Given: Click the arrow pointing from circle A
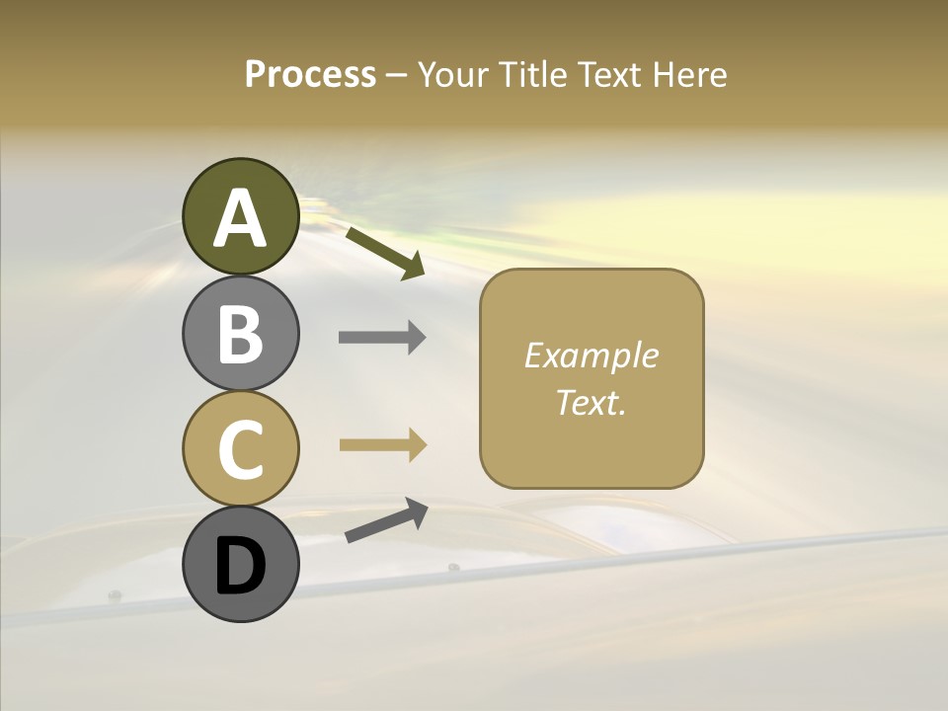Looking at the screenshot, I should pos(385,253).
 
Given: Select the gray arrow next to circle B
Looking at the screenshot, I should pos(382,338).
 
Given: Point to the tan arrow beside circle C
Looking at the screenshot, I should pos(382,444).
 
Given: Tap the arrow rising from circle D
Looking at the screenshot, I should pos(386,520).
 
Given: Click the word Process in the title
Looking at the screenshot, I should pos(310,74).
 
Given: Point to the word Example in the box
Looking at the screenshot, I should pos(591,356).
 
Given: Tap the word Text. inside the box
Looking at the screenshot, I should pos(591,402).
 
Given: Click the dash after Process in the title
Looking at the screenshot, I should pos(397,75).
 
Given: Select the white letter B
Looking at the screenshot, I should pos(240,334).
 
